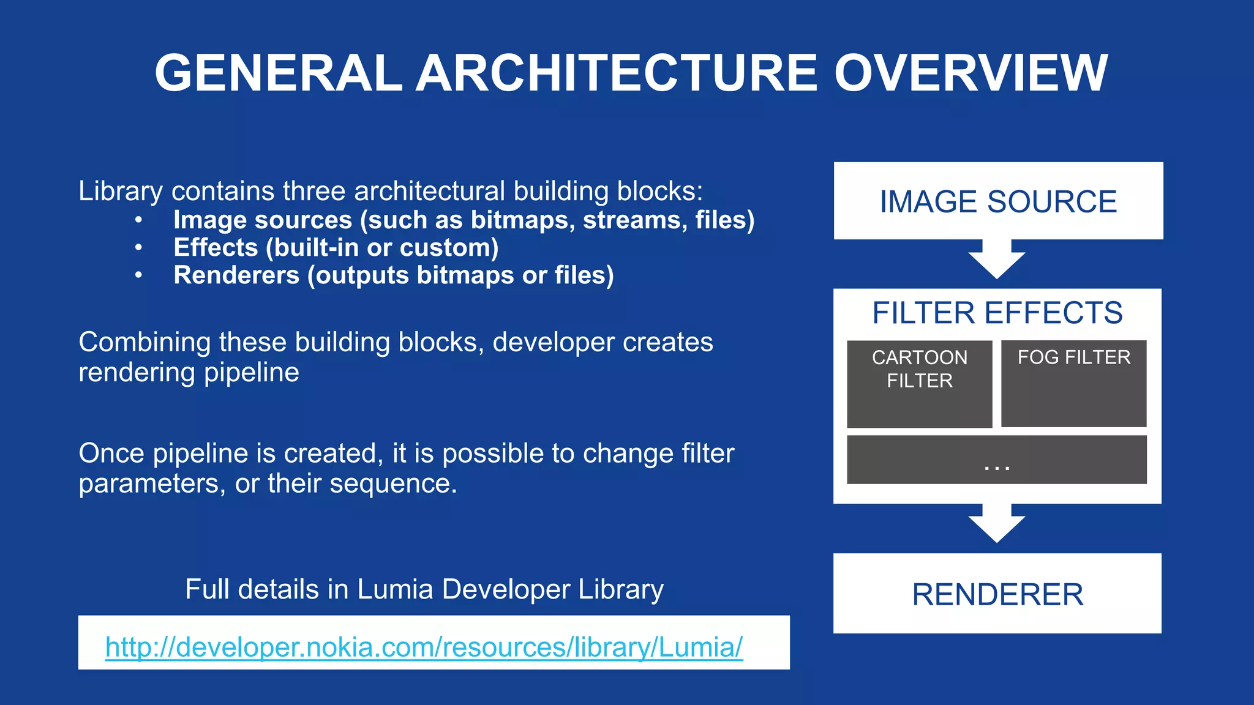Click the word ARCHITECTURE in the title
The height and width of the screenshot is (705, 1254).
(x=617, y=73)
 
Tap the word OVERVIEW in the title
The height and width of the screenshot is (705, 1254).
(x=971, y=73)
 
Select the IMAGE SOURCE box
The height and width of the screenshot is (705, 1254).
(x=998, y=201)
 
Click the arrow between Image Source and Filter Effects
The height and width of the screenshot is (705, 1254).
(x=997, y=259)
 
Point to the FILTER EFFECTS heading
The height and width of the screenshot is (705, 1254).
(x=997, y=313)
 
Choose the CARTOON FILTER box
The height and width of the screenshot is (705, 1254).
(x=919, y=384)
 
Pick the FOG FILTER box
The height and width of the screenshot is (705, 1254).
(x=1073, y=384)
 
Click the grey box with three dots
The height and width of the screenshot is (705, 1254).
(x=997, y=460)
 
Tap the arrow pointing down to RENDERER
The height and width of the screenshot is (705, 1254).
(x=997, y=524)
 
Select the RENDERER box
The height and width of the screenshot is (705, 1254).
(x=997, y=594)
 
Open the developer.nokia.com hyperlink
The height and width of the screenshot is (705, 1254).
(x=424, y=647)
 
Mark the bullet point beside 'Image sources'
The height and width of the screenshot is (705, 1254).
(x=139, y=220)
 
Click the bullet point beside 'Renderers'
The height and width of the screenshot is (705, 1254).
(x=139, y=275)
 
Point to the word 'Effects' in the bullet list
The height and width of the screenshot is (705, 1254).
(x=216, y=248)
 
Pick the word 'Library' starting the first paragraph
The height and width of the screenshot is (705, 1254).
(x=121, y=192)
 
